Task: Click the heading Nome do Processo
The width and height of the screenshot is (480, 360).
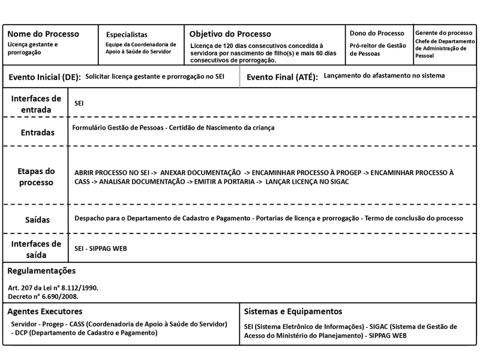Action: pyautogui.click(x=43, y=34)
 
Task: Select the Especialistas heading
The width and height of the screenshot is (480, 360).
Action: pyautogui.click(x=126, y=35)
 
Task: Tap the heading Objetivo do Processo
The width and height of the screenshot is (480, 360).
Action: pyautogui.click(x=230, y=34)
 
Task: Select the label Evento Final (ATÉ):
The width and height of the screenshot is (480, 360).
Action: pyautogui.click(x=282, y=78)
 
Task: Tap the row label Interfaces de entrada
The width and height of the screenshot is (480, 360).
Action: pyautogui.click(x=36, y=104)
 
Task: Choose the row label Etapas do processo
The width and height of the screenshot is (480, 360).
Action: pyautogui.click(x=36, y=176)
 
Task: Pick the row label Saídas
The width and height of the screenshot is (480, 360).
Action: pyautogui.click(x=36, y=220)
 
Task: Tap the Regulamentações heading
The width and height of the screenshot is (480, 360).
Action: pyautogui.click(x=46, y=271)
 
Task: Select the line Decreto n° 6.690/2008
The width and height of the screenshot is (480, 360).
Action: pyautogui.click(x=43, y=296)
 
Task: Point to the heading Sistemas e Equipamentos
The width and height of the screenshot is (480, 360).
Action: pyautogui.click(x=293, y=311)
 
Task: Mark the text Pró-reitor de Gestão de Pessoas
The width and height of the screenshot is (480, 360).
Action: pyautogui.click(x=377, y=49)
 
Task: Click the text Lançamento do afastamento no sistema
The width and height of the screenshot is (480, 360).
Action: pyautogui.click(x=384, y=76)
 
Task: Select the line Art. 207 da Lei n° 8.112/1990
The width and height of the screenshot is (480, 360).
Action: pyautogui.click(x=53, y=288)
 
